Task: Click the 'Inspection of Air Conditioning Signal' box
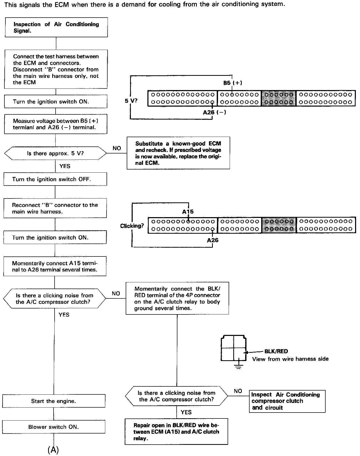click(56, 27)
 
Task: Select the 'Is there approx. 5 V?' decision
click(55, 153)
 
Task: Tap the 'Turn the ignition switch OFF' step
click(55, 179)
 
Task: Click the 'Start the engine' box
click(54, 401)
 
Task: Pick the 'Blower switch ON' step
click(54, 427)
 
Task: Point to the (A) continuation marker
click(53, 450)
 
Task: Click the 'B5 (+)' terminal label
click(233, 83)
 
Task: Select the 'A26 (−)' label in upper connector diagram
click(214, 112)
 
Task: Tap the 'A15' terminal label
click(188, 212)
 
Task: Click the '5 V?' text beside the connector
click(131, 101)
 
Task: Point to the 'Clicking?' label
click(132, 226)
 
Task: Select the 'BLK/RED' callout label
click(276, 351)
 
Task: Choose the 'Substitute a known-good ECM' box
click(178, 153)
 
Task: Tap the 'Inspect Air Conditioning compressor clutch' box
click(287, 401)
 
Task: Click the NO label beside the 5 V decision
click(117, 148)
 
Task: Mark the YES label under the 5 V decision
click(65, 166)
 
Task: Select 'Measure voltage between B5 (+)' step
click(56, 124)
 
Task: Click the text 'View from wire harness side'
click(290, 359)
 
